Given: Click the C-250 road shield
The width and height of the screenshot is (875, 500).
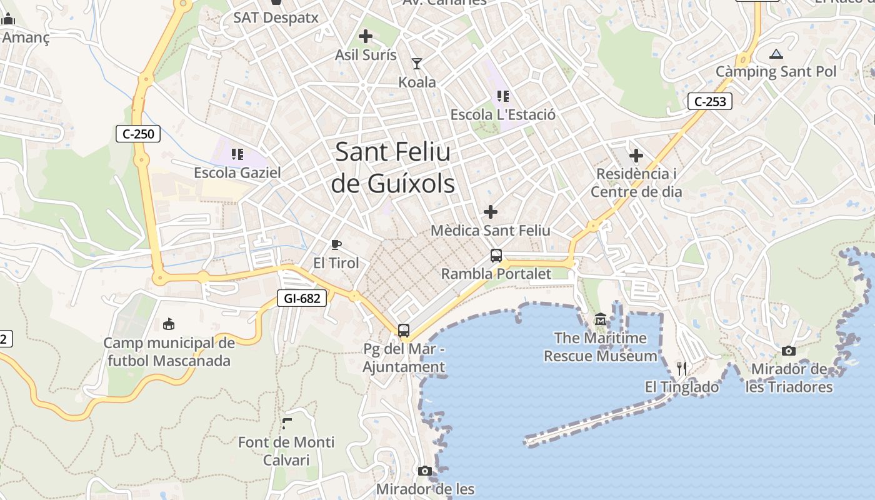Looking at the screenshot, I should [x=138, y=133].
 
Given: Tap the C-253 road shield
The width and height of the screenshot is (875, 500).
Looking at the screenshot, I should [x=710, y=101].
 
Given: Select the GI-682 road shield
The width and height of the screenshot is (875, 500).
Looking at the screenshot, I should [x=302, y=298].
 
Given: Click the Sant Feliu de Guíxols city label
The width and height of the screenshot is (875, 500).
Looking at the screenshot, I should [x=393, y=167].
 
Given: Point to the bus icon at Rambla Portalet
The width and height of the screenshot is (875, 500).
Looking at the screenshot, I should [x=496, y=256].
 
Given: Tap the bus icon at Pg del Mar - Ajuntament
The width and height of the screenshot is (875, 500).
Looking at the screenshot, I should [x=404, y=330].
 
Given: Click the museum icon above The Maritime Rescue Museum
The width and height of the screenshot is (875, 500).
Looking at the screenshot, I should [x=601, y=319].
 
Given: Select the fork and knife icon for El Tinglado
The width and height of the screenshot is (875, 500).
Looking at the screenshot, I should [x=682, y=369].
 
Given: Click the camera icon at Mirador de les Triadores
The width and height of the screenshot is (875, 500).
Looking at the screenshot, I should [x=789, y=351].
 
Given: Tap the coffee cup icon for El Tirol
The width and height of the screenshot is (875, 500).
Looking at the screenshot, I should [x=336, y=244].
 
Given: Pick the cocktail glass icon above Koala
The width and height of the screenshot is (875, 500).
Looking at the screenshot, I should [x=417, y=63].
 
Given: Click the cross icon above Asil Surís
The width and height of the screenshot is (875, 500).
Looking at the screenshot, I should [x=366, y=36].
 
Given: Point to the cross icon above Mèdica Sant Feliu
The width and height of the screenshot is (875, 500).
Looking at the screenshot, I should [x=491, y=212].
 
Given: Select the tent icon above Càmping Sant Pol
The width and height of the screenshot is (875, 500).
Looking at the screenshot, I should [x=776, y=54].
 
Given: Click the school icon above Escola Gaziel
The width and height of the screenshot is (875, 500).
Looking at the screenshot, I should [x=237, y=154].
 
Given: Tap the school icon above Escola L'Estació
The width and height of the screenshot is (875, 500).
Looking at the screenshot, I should [x=502, y=96].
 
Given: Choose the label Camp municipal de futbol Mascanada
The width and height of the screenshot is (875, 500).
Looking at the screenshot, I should [x=169, y=352].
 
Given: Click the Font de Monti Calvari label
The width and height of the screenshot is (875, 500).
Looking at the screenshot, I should [x=286, y=451].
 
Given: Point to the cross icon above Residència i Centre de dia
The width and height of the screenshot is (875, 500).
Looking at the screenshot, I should [x=636, y=155].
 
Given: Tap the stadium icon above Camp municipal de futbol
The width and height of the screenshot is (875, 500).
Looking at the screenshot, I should [x=169, y=324].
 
